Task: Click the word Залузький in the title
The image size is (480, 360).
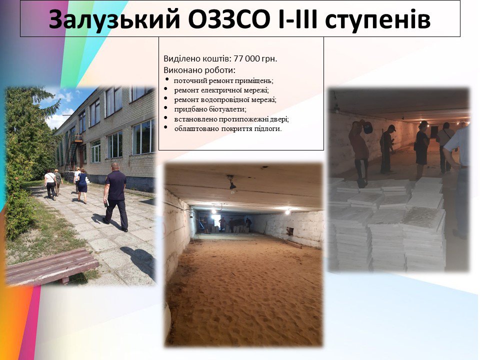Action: pos(114,19)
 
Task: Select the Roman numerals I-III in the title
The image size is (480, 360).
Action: pos(297,19)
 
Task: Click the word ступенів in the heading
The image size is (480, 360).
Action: pos(377,21)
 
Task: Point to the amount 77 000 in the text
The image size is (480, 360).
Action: pos(247,58)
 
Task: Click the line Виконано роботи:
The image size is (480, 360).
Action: pos(199,70)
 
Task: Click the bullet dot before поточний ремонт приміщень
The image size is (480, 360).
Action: pos(167,79)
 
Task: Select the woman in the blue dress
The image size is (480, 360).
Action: pos(82,185)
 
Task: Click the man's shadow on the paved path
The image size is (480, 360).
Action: pos(138,260)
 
